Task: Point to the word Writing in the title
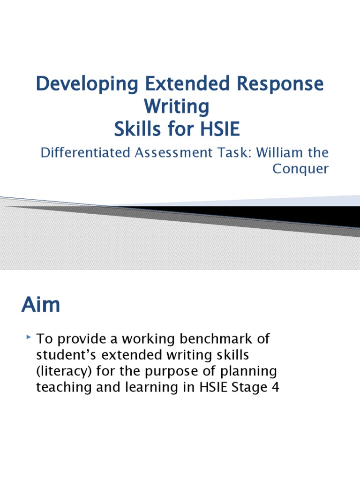(176, 106)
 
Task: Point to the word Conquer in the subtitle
(300, 169)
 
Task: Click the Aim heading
(41, 305)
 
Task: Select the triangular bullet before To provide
(30, 337)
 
